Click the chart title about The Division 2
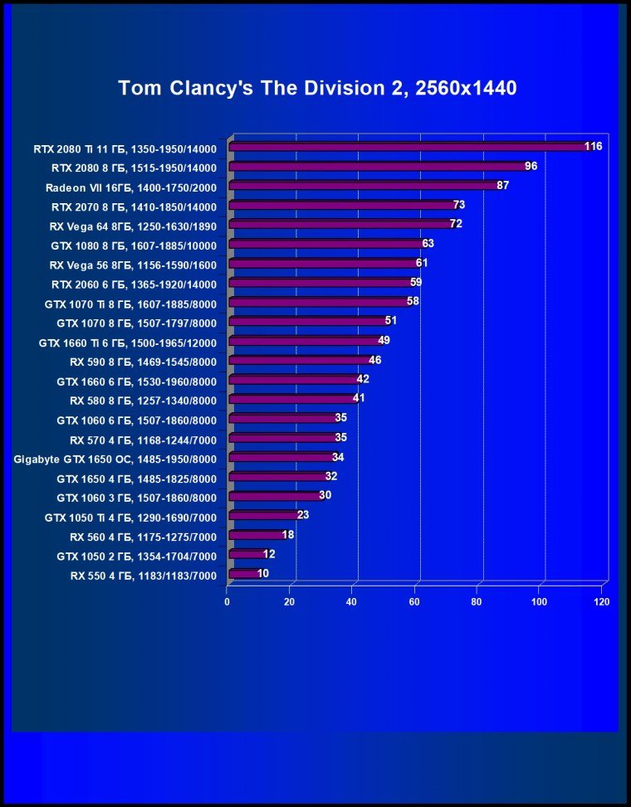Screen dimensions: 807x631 pos(318,88)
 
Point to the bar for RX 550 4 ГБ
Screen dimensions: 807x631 pos(244,573)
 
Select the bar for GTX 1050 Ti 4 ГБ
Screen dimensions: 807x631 pos(264,516)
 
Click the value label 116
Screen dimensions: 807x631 pos(593,146)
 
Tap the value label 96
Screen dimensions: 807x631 pos(531,166)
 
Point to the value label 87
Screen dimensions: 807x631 pos(503,185)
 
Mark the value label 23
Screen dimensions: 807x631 pos(303,515)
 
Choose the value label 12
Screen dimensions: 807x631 pos(269,553)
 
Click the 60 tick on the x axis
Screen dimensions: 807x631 pos(415,602)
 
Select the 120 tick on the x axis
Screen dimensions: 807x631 pos(602,602)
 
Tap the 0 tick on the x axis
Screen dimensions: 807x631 pos(227,602)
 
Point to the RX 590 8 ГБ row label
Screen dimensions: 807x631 pos(143,362)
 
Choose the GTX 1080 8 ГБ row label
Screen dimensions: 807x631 pos(134,246)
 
